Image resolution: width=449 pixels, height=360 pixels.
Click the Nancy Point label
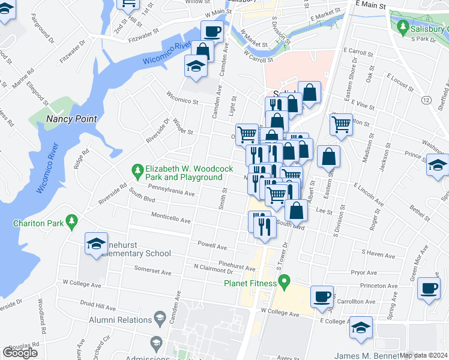[71, 119]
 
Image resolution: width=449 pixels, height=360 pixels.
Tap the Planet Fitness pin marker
[285, 280]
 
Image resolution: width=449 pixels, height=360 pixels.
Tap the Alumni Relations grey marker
[160, 317]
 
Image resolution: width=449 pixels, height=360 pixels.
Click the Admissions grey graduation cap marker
[156, 343]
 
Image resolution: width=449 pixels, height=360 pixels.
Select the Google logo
[20, 353]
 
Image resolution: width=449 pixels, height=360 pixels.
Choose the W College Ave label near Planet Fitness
[280, 313]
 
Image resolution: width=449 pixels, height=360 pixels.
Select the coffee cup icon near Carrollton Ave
[322, 295]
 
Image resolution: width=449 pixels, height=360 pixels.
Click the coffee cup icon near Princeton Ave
[429, 288]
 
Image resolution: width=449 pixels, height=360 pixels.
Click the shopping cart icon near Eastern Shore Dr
[341, 125]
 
